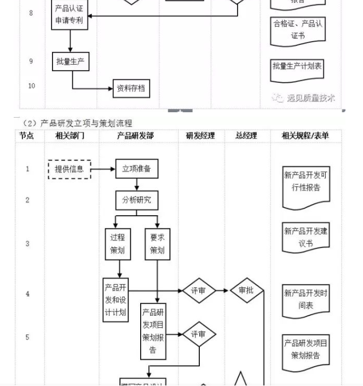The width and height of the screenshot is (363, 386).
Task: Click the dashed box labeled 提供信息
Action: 69,169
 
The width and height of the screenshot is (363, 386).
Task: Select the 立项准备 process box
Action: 136,169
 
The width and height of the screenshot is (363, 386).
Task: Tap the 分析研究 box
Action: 136,200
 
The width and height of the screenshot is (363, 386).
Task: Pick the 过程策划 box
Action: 118,244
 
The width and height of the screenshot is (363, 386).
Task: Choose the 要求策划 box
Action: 157,244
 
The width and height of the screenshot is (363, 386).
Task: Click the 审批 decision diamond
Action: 246,291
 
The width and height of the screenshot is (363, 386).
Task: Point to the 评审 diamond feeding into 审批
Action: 198,291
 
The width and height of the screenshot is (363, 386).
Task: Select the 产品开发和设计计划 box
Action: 116,300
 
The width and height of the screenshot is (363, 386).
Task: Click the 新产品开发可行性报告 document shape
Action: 306,188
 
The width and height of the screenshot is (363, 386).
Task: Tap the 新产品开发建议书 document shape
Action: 306,237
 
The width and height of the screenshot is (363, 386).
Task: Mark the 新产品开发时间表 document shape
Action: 306,299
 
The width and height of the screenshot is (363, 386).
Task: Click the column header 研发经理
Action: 200,136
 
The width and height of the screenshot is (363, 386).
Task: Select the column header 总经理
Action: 246,136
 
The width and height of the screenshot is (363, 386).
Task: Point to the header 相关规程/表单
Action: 305,136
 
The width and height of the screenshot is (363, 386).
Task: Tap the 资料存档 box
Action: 131,88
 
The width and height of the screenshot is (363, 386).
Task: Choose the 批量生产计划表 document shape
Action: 297,67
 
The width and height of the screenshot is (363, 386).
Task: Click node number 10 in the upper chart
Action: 31,86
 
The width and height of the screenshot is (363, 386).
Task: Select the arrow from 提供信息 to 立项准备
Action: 103,169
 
